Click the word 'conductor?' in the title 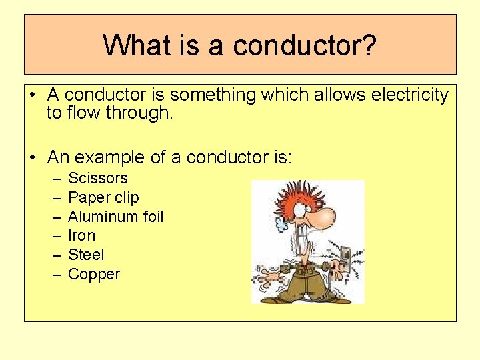(304, 45)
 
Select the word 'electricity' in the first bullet (409, 95)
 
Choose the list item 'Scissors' (98, 178)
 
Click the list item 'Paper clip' (103, 197)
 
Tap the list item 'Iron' (81, 235)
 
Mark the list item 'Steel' (86, 255)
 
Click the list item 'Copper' (94, 274)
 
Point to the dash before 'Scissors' (53, 179)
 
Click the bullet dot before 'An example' (33, 158)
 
